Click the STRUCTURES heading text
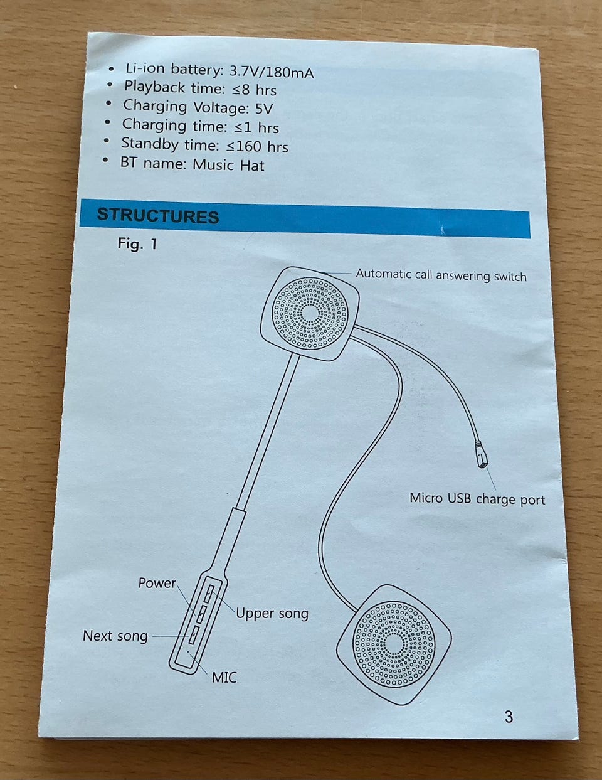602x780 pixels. pyautogui.click(x=157, y=216)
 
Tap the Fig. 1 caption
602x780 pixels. pyautogui.click(x=137, y=243)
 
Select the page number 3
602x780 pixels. pyautogui.click(x=509, y=716)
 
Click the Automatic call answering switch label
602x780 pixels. pyautogui.click(x=441, y=275)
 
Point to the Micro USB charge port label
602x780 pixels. pyautogui.click(x=477, y=499)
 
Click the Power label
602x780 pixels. pyautogui.click(x=157, y=583)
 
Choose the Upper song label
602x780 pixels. pyautogui.click(x=272, y=613)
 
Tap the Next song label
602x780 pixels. pyautogui.click(x=115, y=636)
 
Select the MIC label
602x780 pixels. pyautogui.click(x=224, y=677)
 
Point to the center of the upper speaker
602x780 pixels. pyautogui.click(x=310, y=312)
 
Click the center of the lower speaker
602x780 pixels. pyautogui.click(x=393, y=644)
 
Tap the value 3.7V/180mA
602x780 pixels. pyautogui.click(x=272, y=72)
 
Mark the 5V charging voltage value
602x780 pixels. pyautogui.click(x=264, y=108)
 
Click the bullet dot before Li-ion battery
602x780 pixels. pyautogui.click(x=111, y=68)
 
